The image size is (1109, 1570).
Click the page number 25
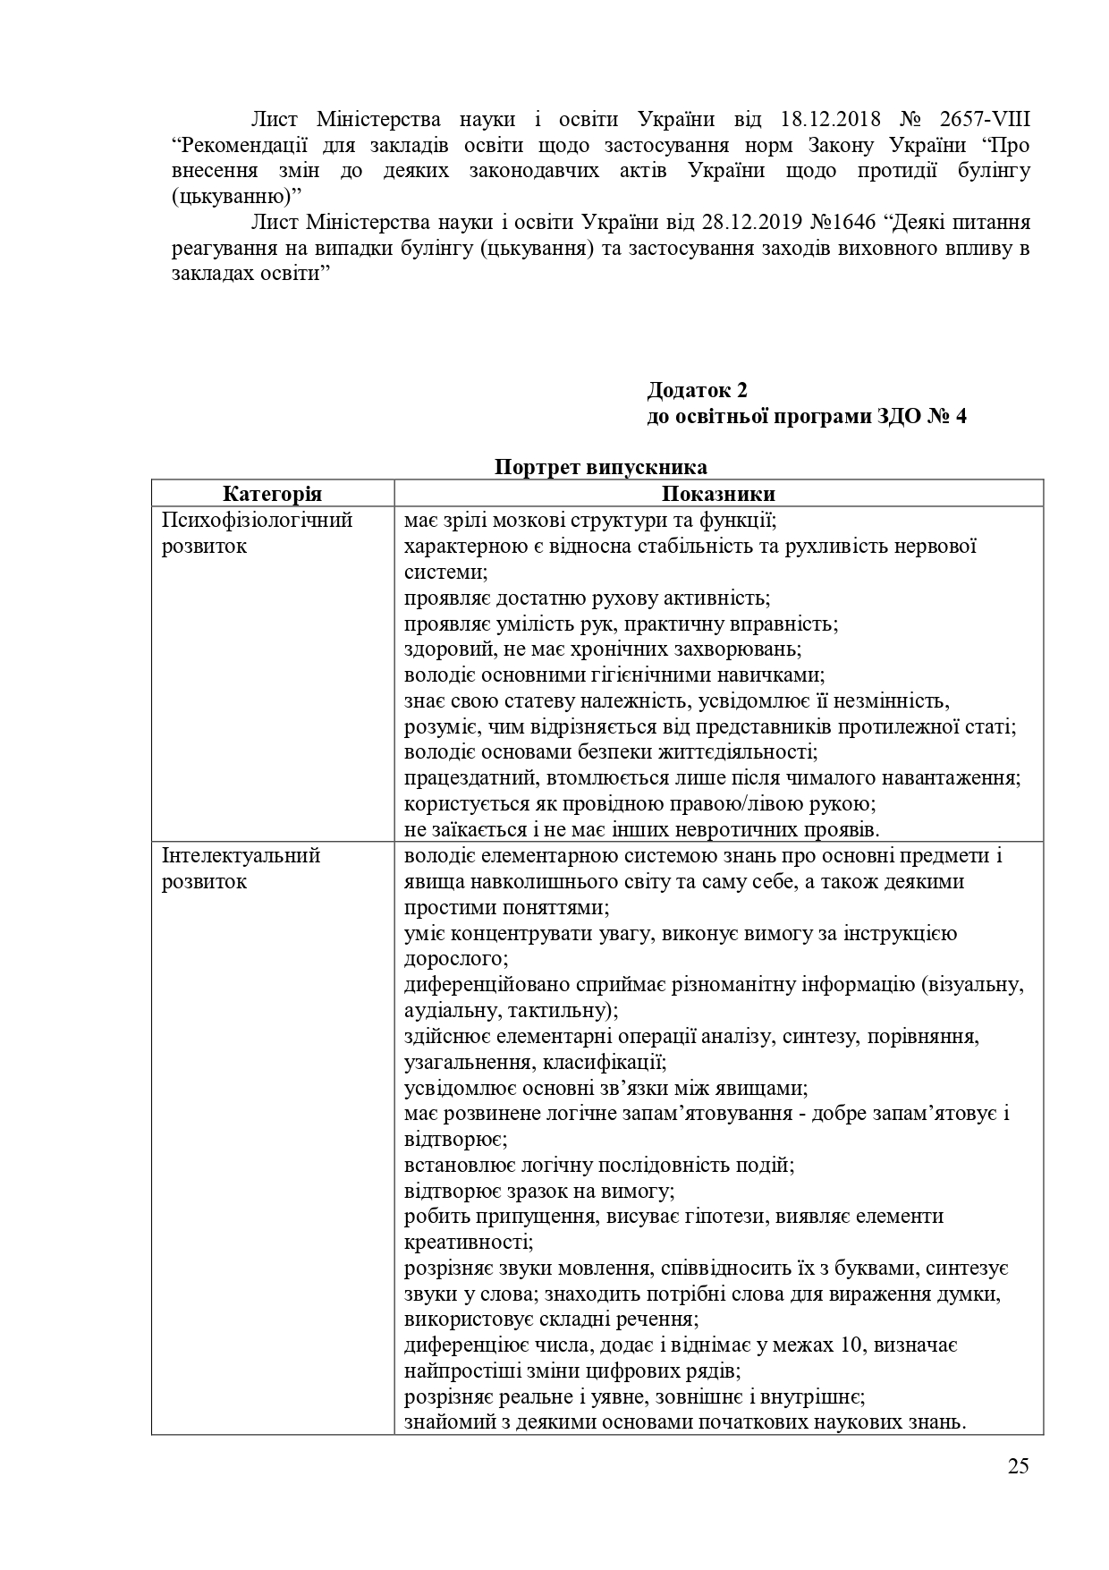[1018, 1490]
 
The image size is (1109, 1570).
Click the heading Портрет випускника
[600, 467]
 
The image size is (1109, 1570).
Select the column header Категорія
[272, 494]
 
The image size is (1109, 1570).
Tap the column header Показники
[718, 494]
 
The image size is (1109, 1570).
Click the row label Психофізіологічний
[258, 520]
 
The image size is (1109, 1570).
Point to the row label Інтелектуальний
[241, 855]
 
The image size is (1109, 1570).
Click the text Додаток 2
[697, 390]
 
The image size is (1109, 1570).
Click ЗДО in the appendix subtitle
[897, 416]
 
